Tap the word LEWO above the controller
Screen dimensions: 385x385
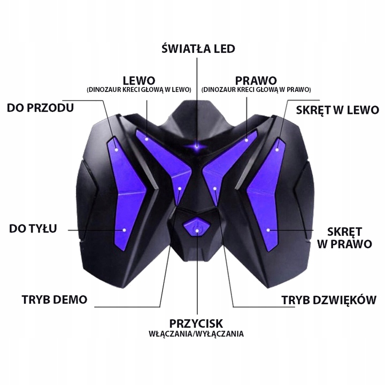[x=138, y=80]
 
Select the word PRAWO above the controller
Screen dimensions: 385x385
[x=256, y=80]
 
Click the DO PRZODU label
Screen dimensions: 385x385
[x=40, y=108]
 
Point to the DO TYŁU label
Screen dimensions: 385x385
[x=33, y=229]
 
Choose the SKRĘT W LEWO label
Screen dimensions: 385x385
[x=337, y=110]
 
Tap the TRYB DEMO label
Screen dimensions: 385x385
[x=55, y=299]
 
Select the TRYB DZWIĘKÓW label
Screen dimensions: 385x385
[x=329, y=300]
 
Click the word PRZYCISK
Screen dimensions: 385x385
[x=196, y=323]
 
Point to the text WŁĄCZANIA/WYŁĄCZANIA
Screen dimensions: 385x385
[x=196, y=334]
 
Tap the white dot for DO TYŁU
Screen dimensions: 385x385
[x=124, y=229]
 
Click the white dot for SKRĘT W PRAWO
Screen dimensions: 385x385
[x=268, y=230]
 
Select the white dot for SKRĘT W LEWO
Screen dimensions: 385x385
[x=278, y=150]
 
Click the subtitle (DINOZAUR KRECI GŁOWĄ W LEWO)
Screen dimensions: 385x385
[x=138, y=90]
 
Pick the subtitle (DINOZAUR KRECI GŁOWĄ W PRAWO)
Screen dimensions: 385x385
[x=256, y=90]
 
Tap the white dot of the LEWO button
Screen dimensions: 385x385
[x=147, y=137]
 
